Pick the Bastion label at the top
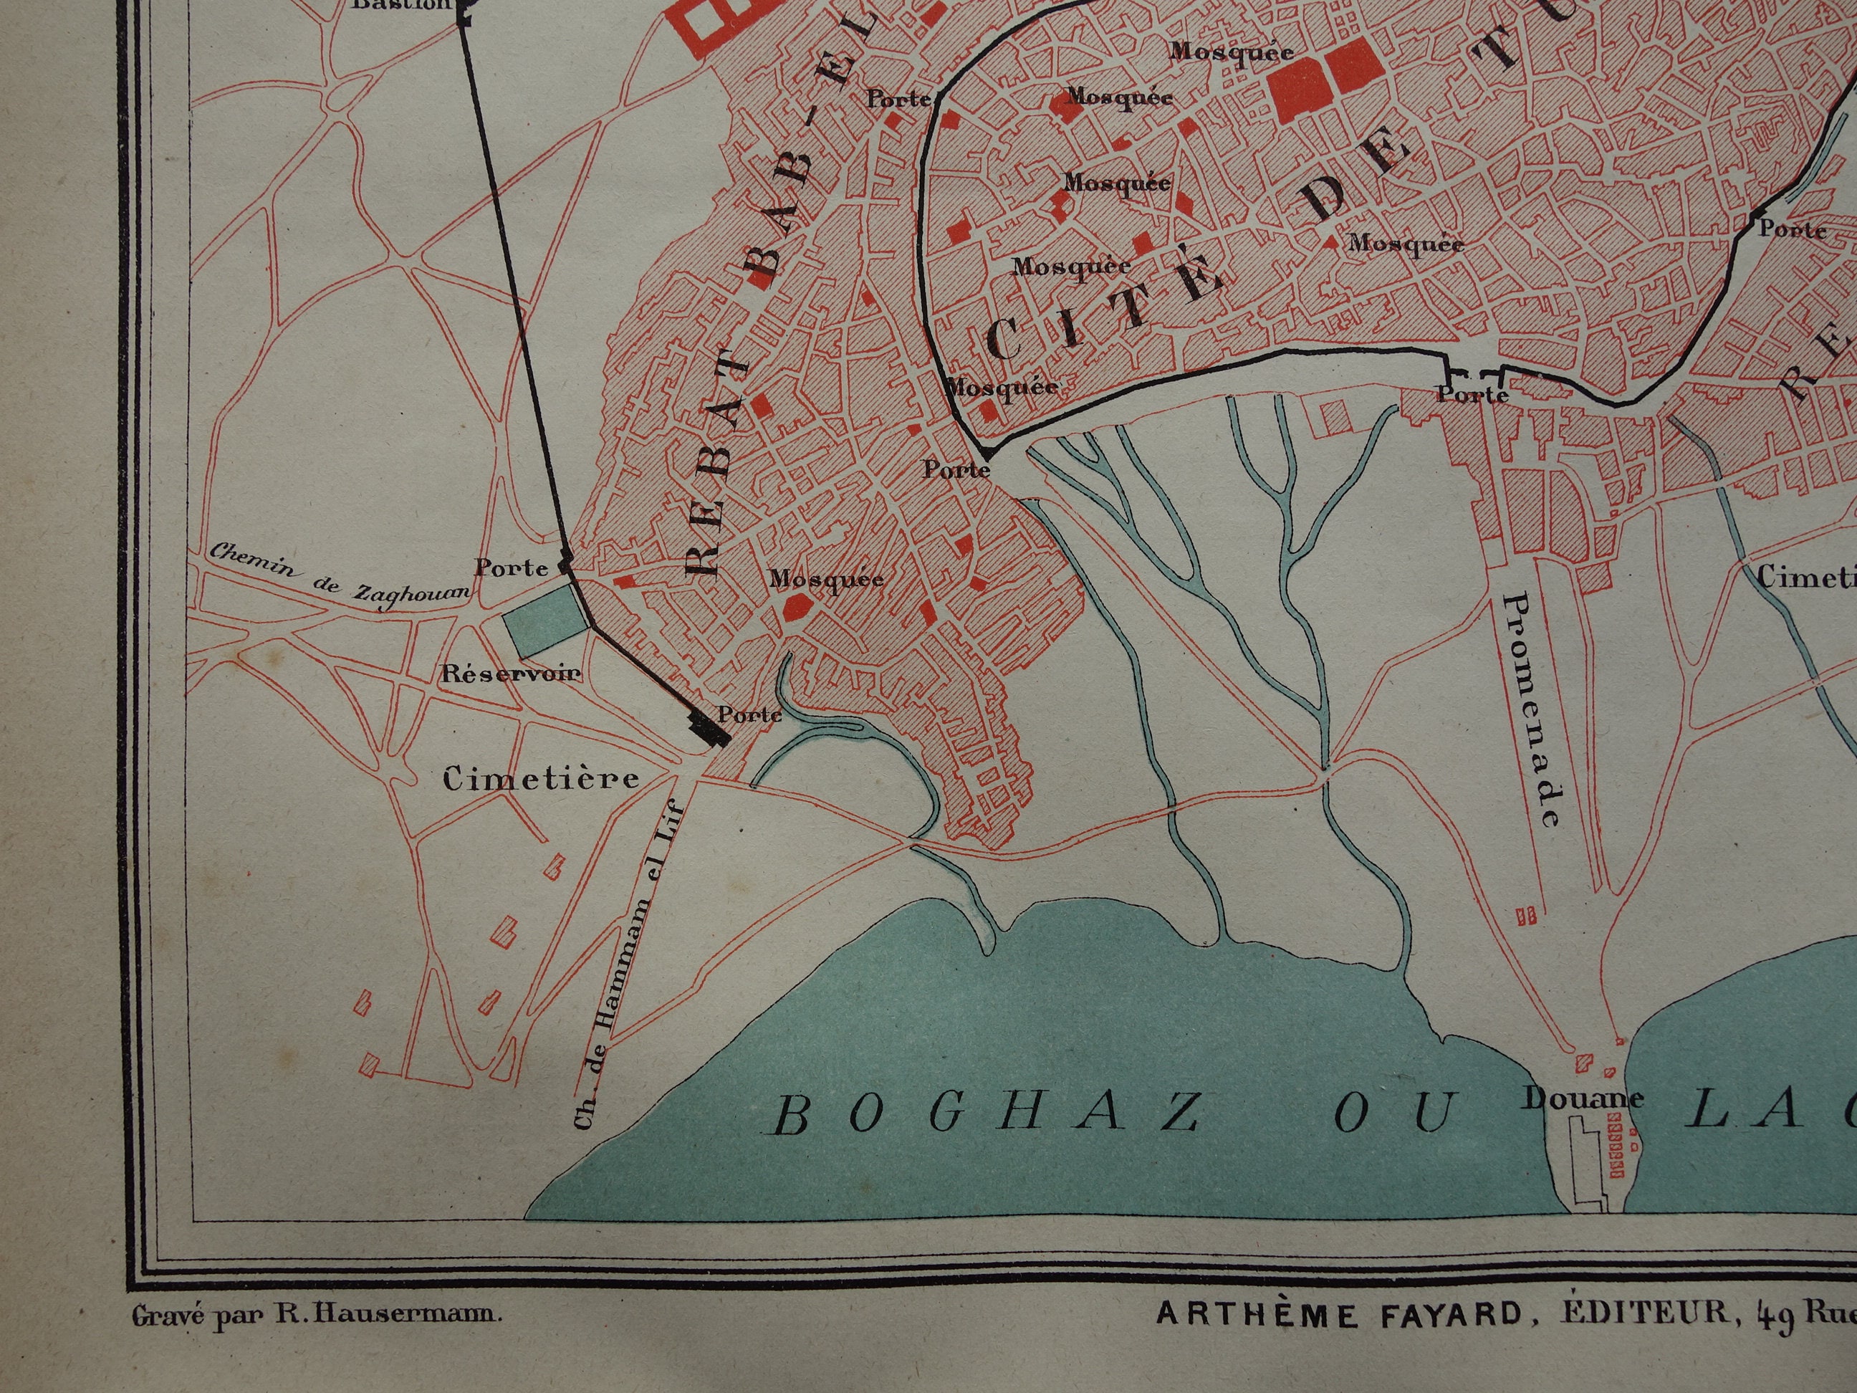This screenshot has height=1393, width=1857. pos(401,5)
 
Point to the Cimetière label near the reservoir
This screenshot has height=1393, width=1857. pos(542,779)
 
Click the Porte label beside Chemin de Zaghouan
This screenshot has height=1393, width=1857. pos(512,568)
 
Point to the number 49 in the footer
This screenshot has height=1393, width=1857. pos(1774,1316)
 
